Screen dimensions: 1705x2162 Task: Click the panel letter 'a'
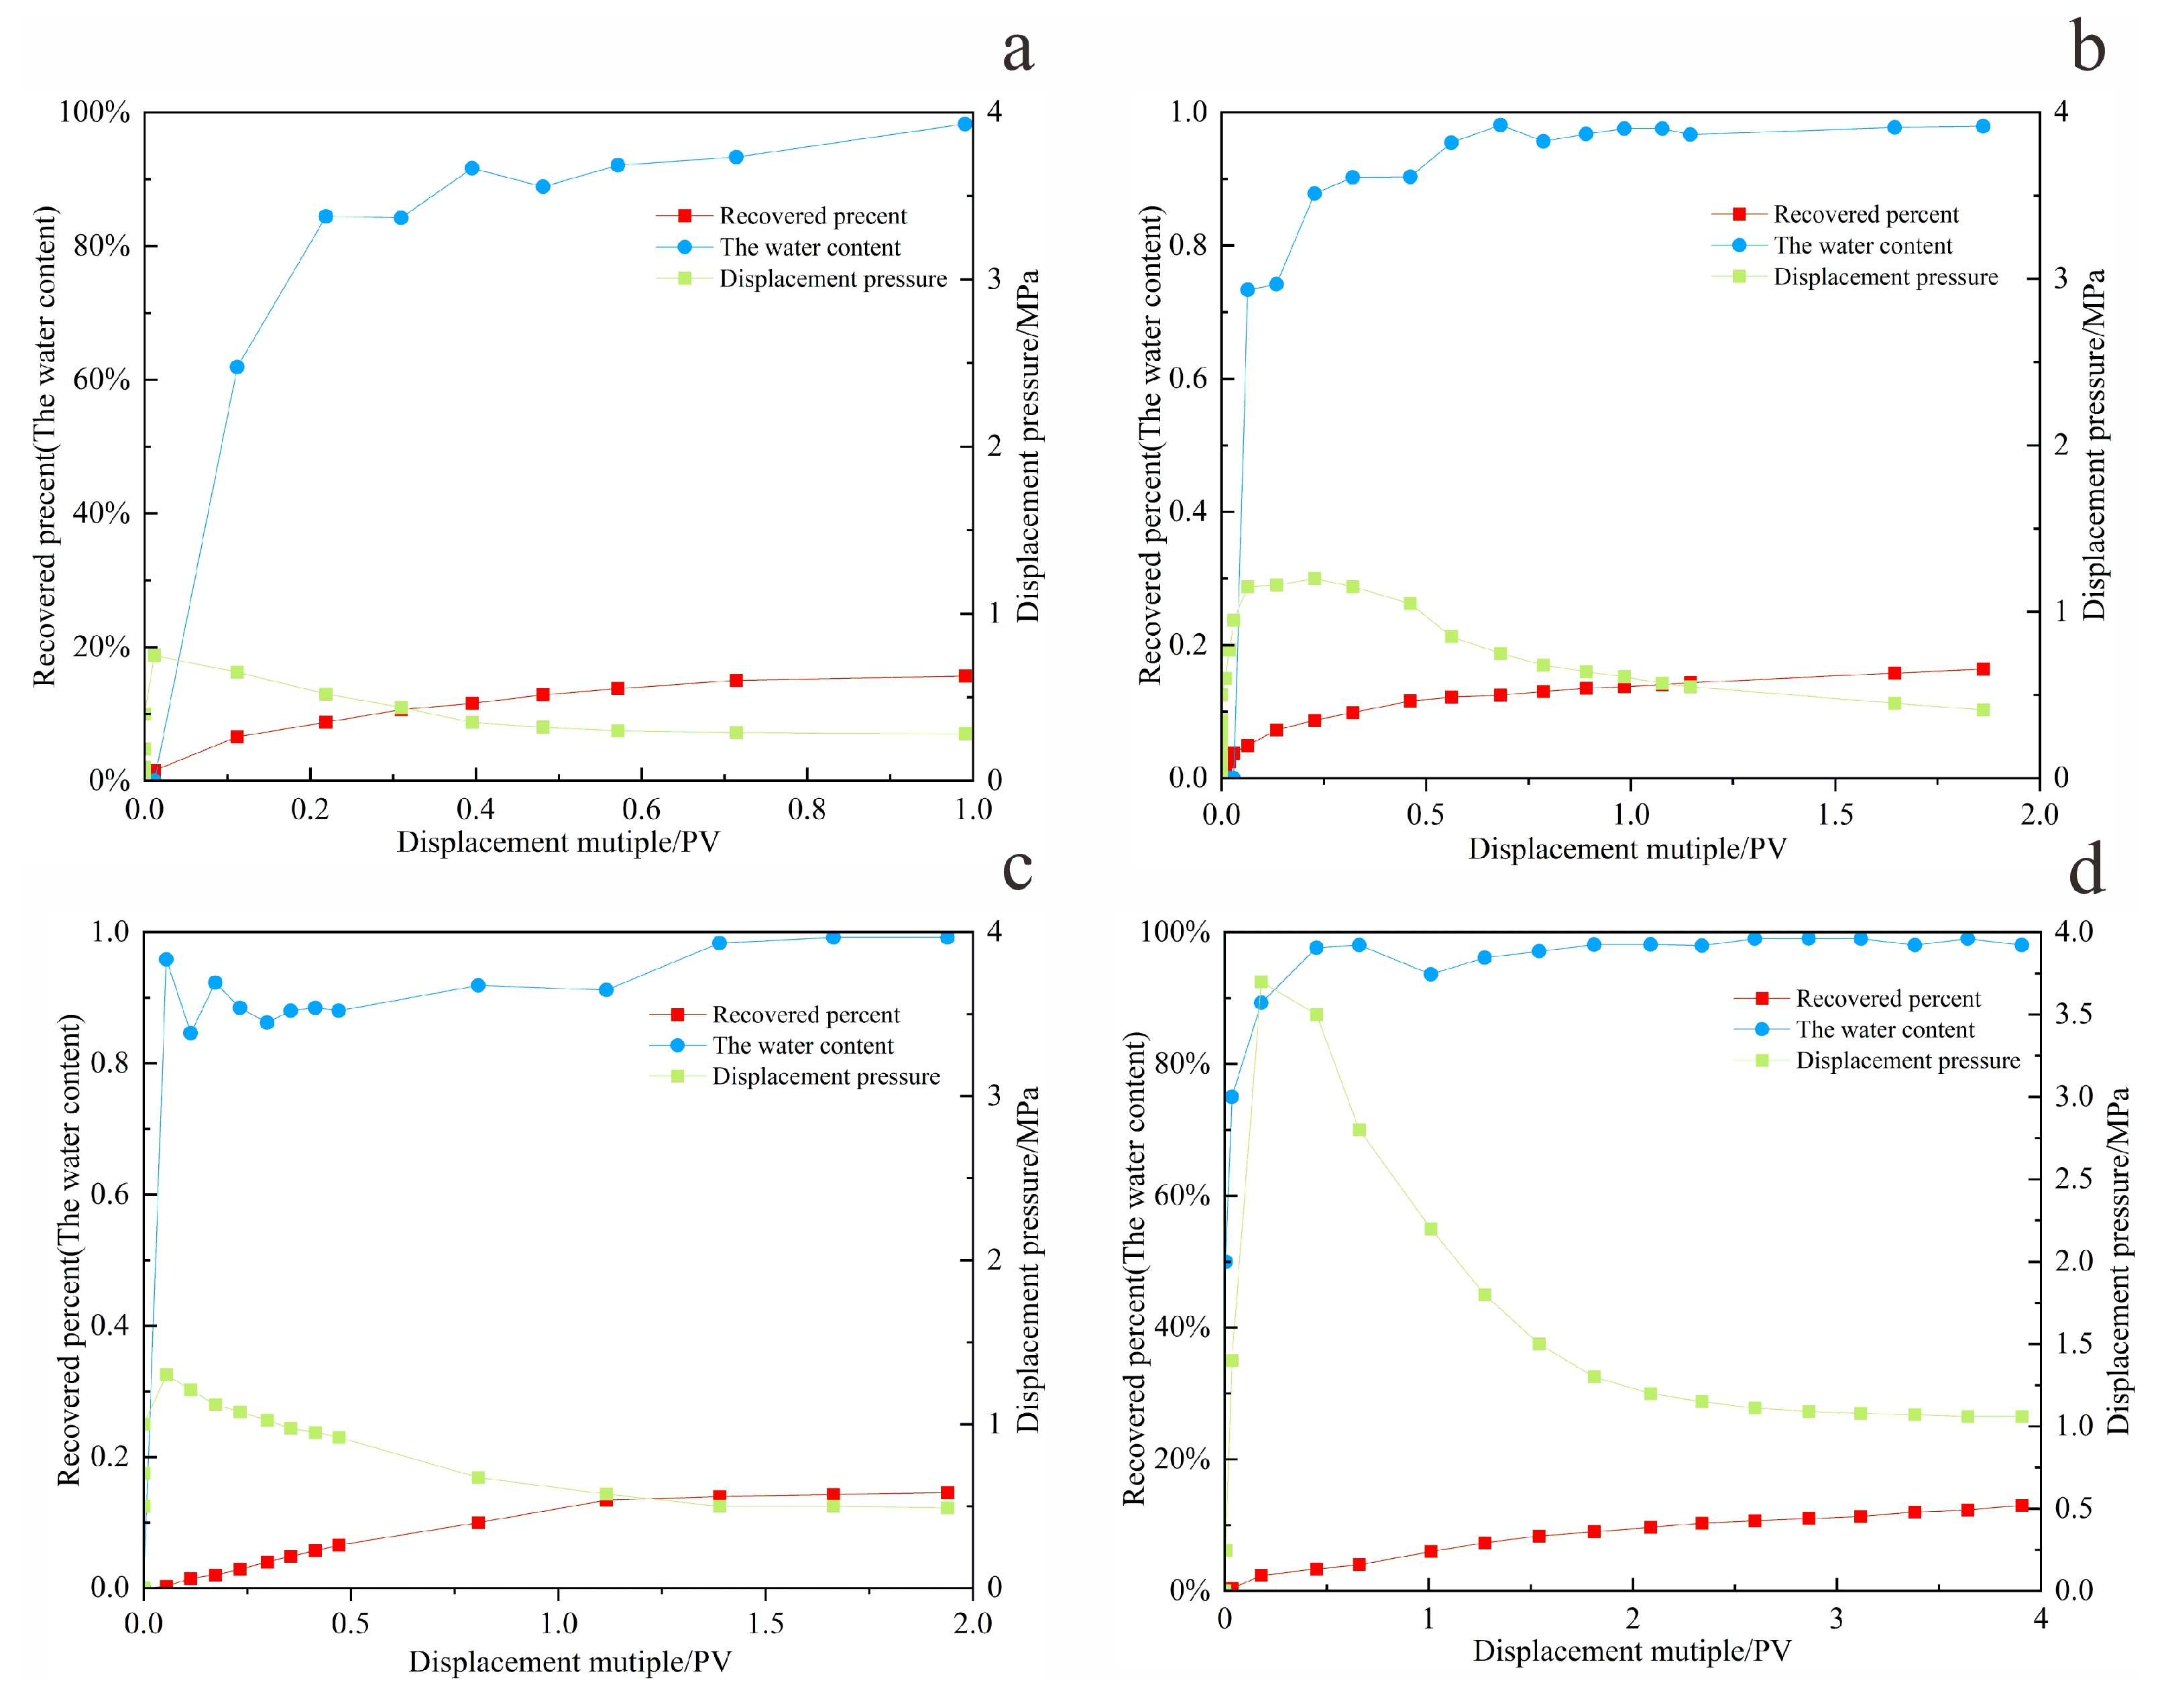[1017, 49]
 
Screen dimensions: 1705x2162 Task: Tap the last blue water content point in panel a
[964, 124]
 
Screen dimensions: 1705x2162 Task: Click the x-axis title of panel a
[557, 842]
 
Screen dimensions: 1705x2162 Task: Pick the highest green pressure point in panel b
[1314, 578]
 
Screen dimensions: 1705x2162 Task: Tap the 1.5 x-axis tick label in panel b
[1835, 814]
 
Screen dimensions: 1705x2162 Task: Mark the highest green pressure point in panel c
[167, 1374]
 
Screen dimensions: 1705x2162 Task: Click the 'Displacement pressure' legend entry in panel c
[824, 1076]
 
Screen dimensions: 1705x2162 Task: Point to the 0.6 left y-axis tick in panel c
[110, 1194]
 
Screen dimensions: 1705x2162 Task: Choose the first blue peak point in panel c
[167, 959]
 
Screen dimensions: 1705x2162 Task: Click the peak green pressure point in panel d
[1261, 982]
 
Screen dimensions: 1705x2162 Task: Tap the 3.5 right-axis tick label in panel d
[2073, 1013]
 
